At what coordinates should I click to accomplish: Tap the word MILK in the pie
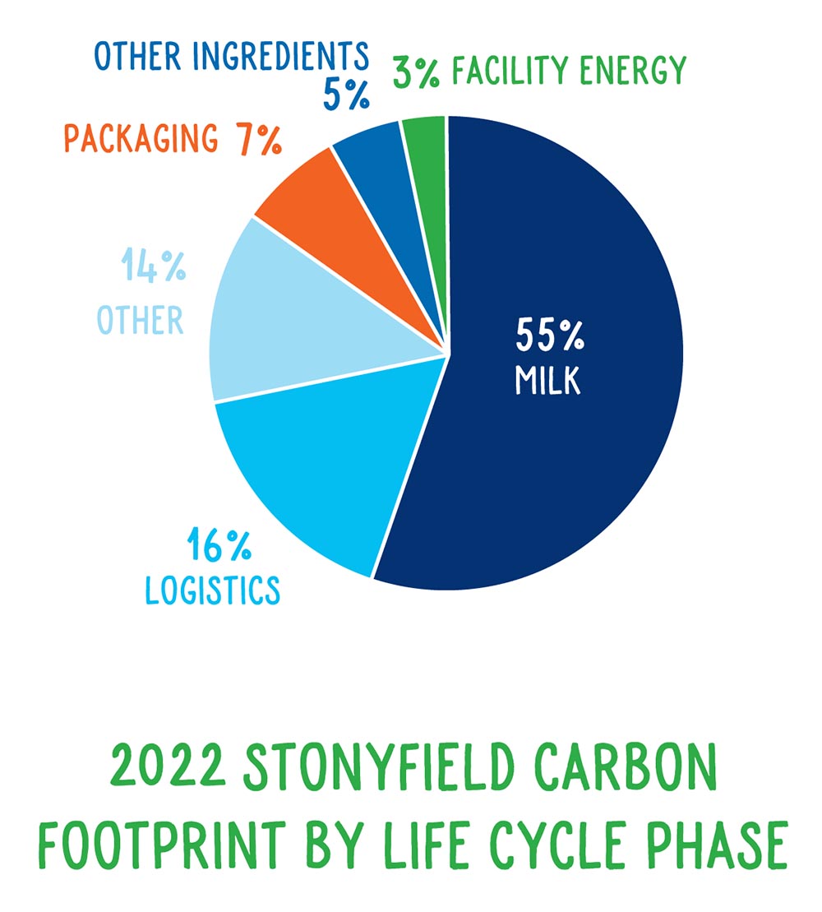[547, 381]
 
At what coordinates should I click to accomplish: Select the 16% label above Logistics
[219, 544]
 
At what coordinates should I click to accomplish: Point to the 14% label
[153, 266]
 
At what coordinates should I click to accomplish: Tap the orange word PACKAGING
[141, 138]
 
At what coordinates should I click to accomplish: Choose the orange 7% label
[259, 140]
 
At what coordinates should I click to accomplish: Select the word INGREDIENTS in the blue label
[281, 56]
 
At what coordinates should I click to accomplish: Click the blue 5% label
[346, 95]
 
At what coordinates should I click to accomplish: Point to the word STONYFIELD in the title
[379, 766]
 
